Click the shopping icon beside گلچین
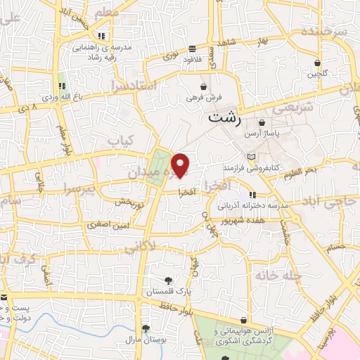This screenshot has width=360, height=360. (317, 63)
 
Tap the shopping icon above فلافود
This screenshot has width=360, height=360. (192, 49)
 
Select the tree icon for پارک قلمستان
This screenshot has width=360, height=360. (168, 280)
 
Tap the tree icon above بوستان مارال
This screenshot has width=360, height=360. (146, 328)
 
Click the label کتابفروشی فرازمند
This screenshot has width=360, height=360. (252, 169)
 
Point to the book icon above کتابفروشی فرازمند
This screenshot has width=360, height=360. (252, 156)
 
